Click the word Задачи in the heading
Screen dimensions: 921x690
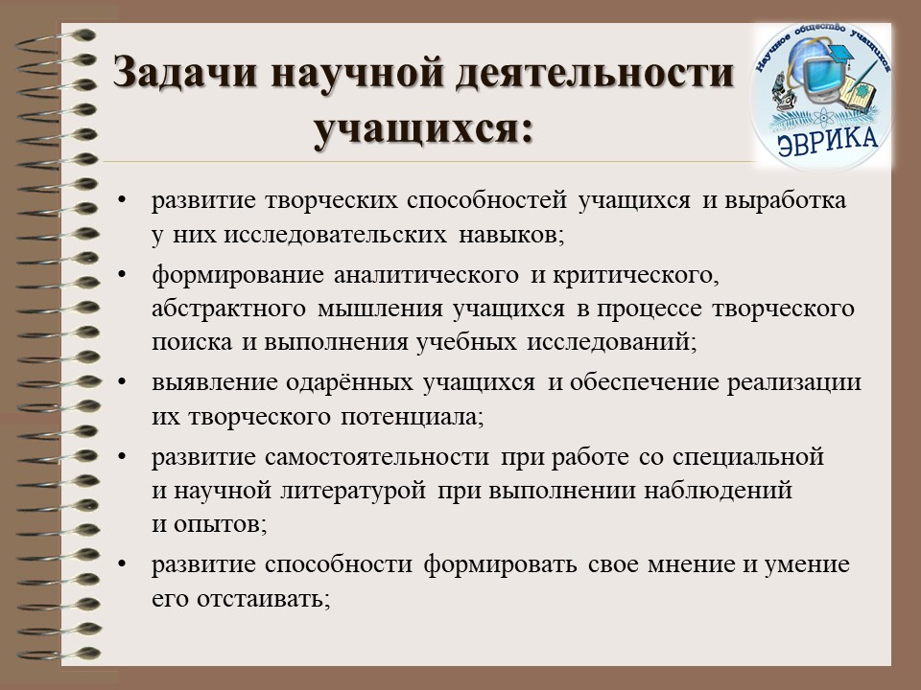185,74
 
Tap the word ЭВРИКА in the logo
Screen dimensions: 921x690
828,141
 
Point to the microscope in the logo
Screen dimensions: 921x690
781,92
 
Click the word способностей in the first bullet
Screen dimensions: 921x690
487,200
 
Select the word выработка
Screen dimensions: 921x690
786,200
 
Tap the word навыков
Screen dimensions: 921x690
508,235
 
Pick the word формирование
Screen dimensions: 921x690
238,275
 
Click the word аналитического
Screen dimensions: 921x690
426,275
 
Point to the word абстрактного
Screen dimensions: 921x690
228,309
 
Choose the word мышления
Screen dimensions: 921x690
380,309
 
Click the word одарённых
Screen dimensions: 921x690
350,382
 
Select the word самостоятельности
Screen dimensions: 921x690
377,456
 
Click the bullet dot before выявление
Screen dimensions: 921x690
122,382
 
